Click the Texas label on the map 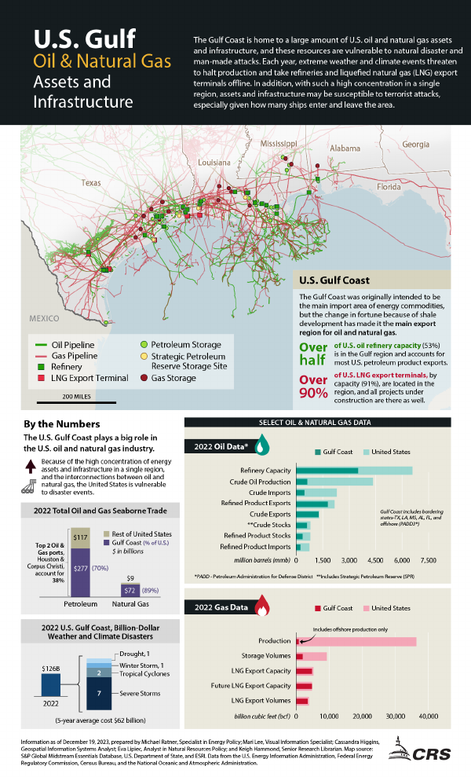91,183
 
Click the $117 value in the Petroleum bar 81,537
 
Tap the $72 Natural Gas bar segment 132,589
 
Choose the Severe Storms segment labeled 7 98,693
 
